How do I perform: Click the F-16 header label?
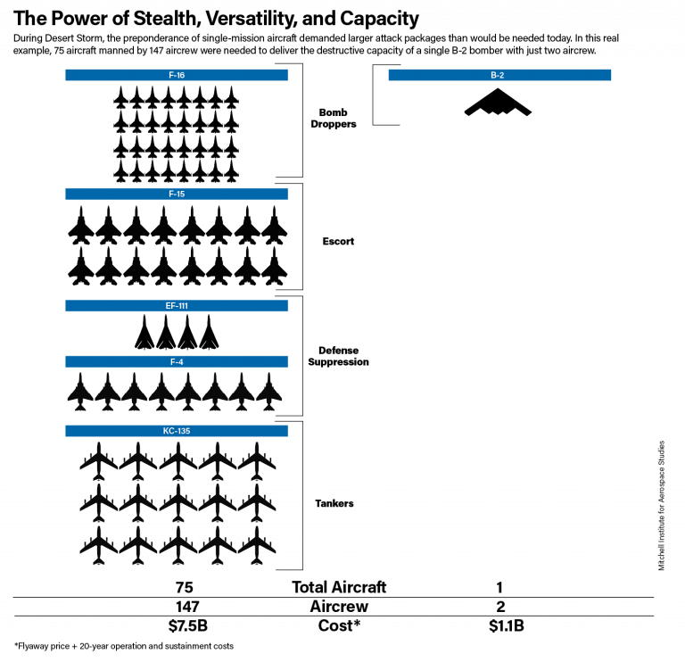[177, 75]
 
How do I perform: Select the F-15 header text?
[177, 194]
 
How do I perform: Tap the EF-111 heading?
[177, 306]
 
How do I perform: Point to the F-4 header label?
[177, 362]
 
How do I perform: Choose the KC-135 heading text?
[177, 431]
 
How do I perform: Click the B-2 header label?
[498, 75]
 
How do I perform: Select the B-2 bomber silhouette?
[498, 103]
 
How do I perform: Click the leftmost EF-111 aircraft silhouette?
[144, 332]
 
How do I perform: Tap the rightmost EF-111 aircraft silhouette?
[209, 332]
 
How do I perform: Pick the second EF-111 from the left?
[166, 332]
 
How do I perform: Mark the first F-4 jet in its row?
[80, 392]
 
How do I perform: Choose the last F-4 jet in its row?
[268, 392]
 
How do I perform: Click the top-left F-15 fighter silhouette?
[81, 225]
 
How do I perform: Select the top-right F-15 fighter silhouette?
[275, 225]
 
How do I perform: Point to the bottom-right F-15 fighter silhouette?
[275, 266]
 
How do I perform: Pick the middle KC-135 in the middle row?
[177, 503]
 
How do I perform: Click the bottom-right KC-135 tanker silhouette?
[257, 545]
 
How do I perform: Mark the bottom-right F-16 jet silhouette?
[232, 171]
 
